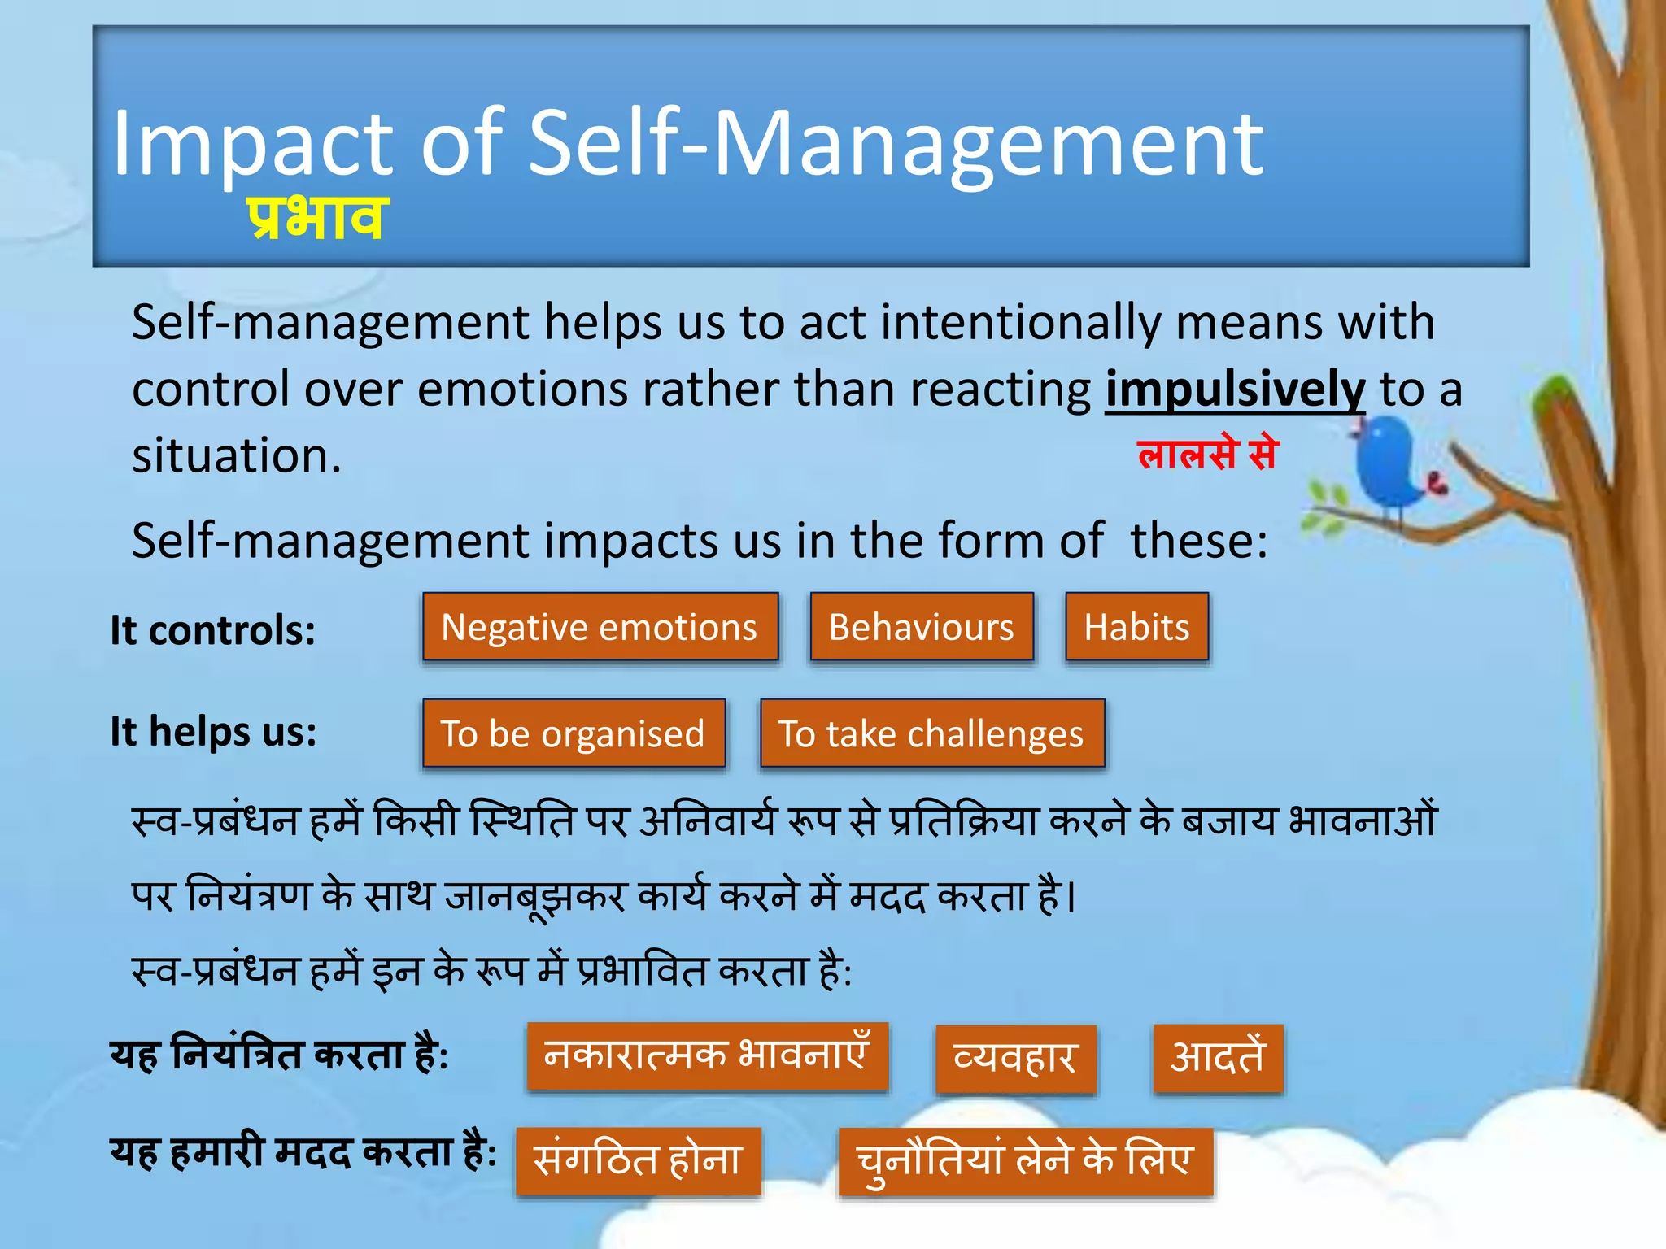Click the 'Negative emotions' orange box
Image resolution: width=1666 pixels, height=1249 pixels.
tap(600, 627)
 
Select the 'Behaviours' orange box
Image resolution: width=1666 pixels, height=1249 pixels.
tap(921, 627)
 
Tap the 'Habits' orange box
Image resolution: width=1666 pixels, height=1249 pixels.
tap(1136, 627)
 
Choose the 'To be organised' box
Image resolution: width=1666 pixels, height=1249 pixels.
tap(574, 733)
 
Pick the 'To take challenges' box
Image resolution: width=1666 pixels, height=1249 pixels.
tap(931, 733)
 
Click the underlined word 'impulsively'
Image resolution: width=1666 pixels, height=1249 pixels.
tap(1234, 389)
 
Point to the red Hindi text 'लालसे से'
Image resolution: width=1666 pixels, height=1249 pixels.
tap(1208, 453)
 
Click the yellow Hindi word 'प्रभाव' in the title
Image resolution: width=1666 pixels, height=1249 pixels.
tap(315, 218)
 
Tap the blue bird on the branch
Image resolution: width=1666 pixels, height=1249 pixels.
tap(1393, 463)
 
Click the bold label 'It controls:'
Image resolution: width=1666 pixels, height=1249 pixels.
tap(213, 630)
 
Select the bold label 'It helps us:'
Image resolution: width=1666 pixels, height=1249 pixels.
tap(214, 731)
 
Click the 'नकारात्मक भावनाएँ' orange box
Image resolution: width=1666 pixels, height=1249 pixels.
tap(707, 1056)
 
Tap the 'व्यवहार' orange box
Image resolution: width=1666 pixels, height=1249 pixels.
tap(1015, 1059)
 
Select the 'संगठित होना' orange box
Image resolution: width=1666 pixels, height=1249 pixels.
tap(639, 1160)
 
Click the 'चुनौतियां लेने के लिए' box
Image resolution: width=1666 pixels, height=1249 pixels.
tap(1025, 1161)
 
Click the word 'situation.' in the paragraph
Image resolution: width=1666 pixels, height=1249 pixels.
tap(237, 455)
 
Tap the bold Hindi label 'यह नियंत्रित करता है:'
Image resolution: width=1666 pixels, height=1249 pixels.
tap(279, 1056)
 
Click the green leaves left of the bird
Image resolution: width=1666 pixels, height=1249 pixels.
tap(1324, 508)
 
